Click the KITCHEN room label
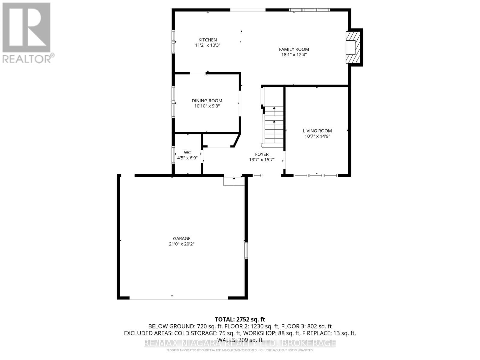pos(207,40)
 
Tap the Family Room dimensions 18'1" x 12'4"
pos(294,55)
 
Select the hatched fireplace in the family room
pos(352,47)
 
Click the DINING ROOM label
pos(207,101)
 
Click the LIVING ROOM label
pos(317,131)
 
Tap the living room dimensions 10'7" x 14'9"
pos(317,136)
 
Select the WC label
pos(187,153)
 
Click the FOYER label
pos(262,154)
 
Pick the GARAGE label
pos(181,239)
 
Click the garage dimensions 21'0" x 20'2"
pos(181,244)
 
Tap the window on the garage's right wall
pos(246,251)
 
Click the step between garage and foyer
pos(234,181)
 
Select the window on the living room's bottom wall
pos(315,175)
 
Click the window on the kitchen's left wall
pos(173,41)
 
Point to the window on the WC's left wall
pos(173,154)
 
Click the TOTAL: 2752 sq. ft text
pos(240,319)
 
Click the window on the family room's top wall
pos(309,10)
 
